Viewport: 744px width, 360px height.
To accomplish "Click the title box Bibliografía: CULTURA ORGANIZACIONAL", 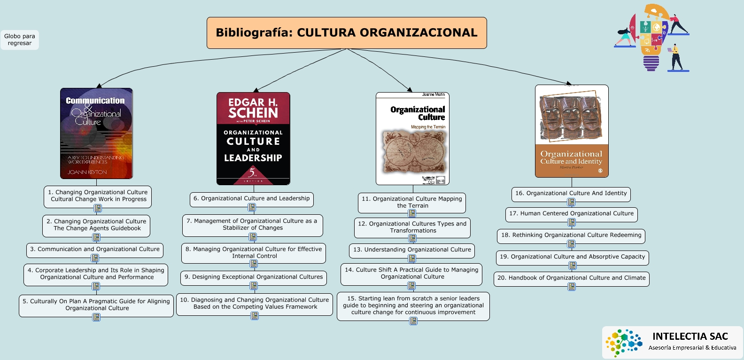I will tap(347, 33).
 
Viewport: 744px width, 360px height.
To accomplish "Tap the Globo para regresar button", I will tap(20, 40).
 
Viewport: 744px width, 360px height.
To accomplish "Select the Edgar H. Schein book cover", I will tap(253, 138).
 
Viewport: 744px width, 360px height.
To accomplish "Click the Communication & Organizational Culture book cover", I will tap(96, 133).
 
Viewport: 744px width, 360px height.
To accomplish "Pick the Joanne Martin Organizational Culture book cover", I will tap(412, 139).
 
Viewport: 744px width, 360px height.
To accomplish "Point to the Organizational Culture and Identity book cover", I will tap(572, 131).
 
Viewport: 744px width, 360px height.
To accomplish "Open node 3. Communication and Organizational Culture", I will tap(95, 250).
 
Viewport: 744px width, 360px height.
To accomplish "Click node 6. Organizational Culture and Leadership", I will tap(251, 199).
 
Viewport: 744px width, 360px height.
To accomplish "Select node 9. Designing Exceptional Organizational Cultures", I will tap(254, 277).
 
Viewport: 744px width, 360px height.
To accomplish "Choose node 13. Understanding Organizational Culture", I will tap(412, 250).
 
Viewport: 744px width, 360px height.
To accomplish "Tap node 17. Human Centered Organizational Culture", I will tap(571, 214).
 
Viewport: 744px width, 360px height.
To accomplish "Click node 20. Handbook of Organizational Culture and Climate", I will tap(571, 278).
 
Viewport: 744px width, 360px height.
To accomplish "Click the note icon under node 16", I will tap(571, 202).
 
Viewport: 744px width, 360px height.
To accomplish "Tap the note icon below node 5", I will tap(96, 317).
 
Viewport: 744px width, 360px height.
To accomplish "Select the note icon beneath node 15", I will tap(413, 321).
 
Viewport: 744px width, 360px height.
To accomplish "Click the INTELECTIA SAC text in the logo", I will tap(690, 337).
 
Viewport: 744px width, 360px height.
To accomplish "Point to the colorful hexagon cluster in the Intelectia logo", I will tap(623, 343).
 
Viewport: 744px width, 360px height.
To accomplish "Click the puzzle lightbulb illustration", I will tap(651, 38).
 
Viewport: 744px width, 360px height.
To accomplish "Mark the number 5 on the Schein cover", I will tap(253, 172).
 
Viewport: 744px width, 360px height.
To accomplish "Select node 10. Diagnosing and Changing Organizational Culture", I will tap(255, 304).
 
